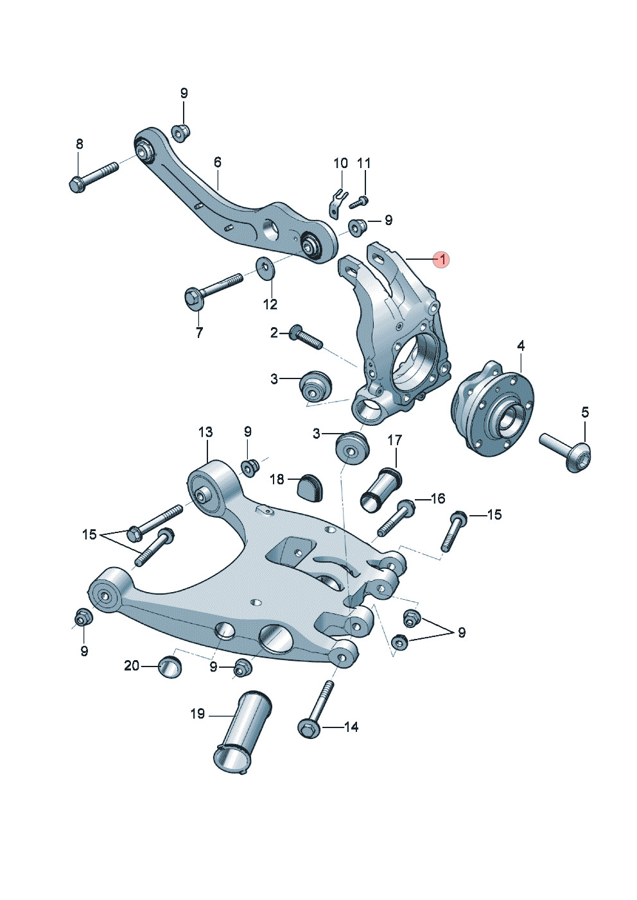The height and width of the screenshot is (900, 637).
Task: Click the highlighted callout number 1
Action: coord(442,260)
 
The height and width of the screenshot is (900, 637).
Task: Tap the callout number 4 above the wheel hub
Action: coord(521,346)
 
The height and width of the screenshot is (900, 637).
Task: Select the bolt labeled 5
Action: coord(566,452)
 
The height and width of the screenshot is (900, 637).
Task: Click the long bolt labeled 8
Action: coord(94,178)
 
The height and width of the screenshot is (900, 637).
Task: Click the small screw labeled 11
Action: coord(359,202)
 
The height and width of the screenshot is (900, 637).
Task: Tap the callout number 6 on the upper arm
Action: coord(218,162)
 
